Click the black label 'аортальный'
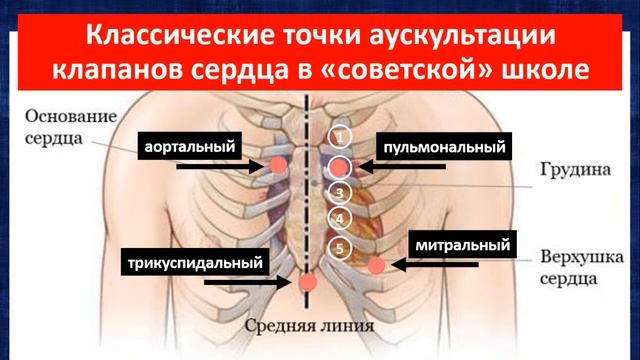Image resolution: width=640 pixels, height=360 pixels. point(190,146)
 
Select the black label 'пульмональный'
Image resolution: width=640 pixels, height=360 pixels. point(440,146)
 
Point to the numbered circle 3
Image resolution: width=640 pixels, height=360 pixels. point(341,193)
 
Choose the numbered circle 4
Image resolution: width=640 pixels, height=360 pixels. point(341,219)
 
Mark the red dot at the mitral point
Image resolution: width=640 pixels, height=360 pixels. point(377,265)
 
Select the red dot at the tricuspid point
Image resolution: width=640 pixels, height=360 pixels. point(309,283)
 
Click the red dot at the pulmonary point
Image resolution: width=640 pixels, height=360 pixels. point(341,166)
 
